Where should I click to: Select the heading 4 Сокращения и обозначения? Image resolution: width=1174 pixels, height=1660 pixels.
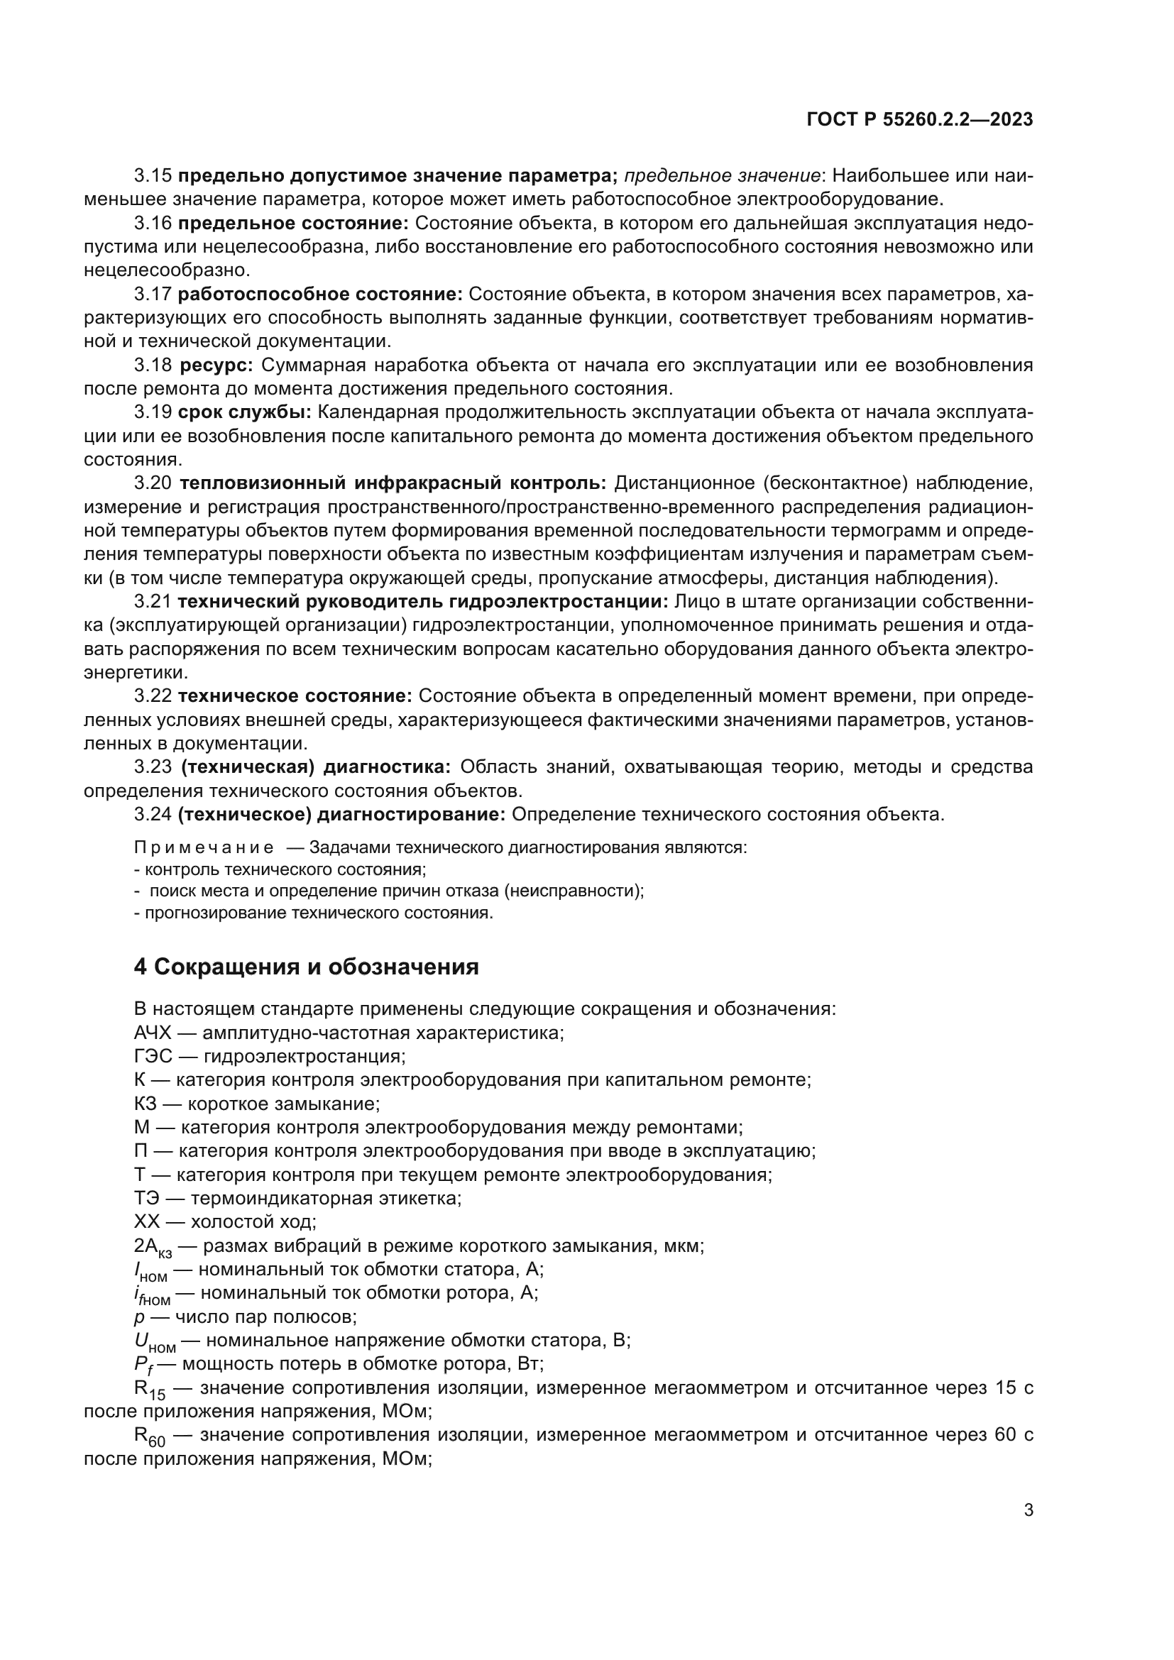click(307, 967)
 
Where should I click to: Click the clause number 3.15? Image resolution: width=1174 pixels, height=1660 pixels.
click(153, 176)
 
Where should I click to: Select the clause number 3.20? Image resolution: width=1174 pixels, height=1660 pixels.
click(153, 483)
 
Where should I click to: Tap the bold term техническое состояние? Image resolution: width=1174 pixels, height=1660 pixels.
click(295, 696)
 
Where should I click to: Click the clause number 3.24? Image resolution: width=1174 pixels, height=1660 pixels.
click(153, 815)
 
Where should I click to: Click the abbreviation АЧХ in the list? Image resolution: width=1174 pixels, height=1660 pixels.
click(153, 1033)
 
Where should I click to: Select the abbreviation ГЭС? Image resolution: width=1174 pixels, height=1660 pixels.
click(153, 1056)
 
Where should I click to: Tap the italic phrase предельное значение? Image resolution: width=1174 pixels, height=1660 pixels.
click(721, 176)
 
